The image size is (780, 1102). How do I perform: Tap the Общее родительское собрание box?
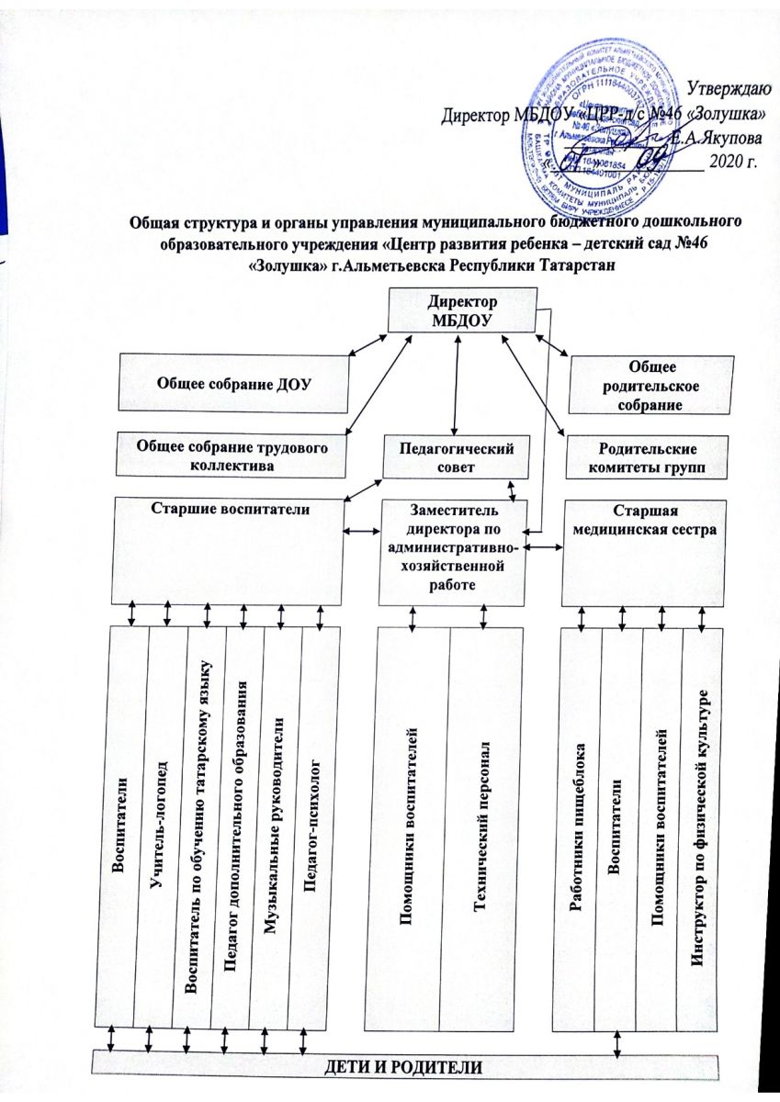point(651,384)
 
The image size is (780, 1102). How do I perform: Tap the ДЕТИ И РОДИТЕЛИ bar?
point(409,1067)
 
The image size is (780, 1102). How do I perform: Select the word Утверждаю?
point(729,88)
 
